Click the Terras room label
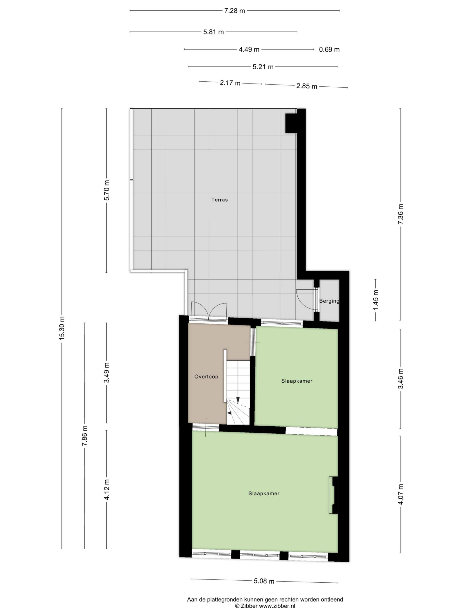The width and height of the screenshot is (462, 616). click(x=219, y=200)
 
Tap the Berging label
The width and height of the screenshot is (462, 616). click(x=329, y=301)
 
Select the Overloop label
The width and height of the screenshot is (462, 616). click(x=206, y=377)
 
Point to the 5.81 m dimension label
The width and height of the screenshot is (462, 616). click(x=213, y=32)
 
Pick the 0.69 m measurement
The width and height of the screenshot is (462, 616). click(x=329, y=50)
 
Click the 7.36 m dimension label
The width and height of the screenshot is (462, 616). click(x=400, y=214)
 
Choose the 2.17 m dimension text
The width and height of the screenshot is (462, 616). click(x=230, y=83)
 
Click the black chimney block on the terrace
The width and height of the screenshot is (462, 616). click(x=292, y=123)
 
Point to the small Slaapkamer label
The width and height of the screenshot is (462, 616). click(x=297, y=381)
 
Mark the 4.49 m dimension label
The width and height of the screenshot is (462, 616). click(x=249, y=50)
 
